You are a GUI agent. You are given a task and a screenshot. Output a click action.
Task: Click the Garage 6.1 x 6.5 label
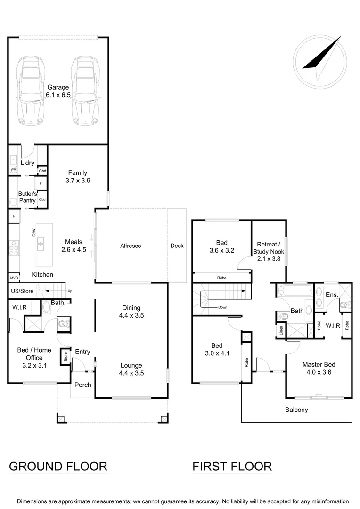click(x=58, y=91)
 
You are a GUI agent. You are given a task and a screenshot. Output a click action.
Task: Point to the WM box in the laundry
click(x=13, y=169)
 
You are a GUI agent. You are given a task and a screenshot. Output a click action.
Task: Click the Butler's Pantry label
click(x=26, y=197)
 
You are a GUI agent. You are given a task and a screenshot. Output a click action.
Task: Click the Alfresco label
click(x=131, y=246)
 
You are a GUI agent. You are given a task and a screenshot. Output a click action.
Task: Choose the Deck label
click(x=177, y=246)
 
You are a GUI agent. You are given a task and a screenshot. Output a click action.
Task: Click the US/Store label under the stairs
click(x=22, y=291)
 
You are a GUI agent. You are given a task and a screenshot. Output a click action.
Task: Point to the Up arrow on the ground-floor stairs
click(x=70, y=291)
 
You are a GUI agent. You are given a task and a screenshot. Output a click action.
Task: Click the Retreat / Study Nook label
click(x=269, y=248)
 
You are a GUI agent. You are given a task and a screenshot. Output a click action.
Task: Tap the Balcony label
click(x=296, y=410)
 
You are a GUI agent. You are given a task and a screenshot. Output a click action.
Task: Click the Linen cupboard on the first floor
click(x=281, y=330)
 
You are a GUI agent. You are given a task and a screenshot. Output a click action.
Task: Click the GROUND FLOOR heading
click(x=58, y=467)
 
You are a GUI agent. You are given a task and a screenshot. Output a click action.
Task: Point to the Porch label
click(x=83, y=385)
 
